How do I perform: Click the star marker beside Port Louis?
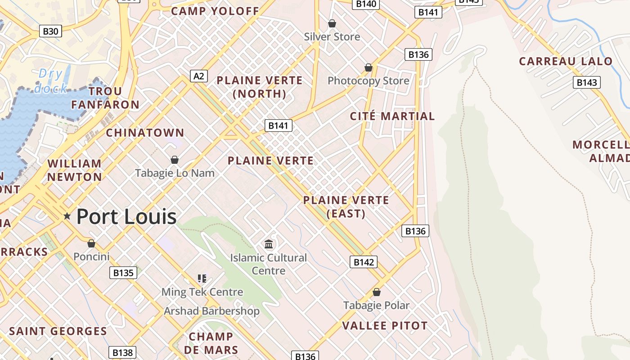pos(67,216)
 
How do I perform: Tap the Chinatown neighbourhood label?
pos(145,133)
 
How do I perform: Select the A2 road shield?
pos(199,76)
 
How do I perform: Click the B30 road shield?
pos(50,31)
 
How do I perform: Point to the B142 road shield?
pos(363,262)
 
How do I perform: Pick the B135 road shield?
pos(123,273)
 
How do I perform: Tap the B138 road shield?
pos(122,352)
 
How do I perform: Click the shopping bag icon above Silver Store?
pos(332,23)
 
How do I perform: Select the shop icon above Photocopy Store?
pos(369,67)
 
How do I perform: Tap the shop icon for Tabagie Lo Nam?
pos(175,160)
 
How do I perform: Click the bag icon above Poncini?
pos(91,243)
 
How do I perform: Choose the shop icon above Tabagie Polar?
pos(377,292)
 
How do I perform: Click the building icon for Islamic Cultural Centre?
pos(269,244)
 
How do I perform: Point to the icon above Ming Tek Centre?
pos(202,279)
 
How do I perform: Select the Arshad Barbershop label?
pos(211,311)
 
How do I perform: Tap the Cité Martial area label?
pos(392,116)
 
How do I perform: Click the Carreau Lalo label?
pos(566,61)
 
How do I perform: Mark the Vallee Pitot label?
pos(385,325)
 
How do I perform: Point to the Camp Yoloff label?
pos(215,11)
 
